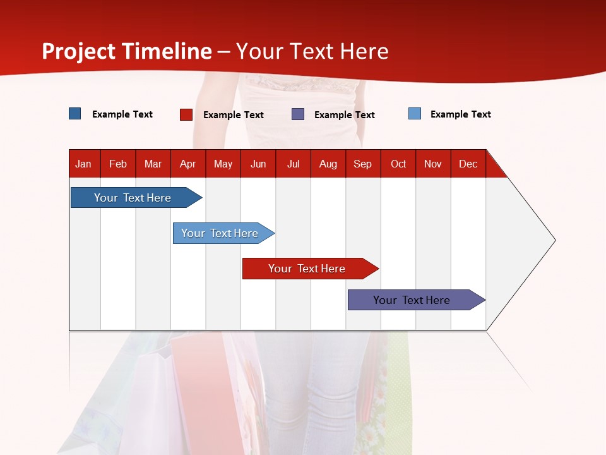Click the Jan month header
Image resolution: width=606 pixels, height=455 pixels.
(83, 164)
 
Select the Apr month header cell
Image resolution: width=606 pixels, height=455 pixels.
(187, 164)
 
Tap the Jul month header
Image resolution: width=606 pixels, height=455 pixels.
(293, 164)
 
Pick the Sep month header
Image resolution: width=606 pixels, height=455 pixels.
(362, 164)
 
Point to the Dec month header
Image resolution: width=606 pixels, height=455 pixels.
(468, 164)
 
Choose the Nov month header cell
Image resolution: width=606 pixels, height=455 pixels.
(432, 164)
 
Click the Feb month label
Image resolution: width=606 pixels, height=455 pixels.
(118, 164)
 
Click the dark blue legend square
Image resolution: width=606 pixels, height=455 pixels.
(75, 114)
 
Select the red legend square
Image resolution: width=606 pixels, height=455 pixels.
(186, 114)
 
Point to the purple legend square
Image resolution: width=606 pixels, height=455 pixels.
(298, 114)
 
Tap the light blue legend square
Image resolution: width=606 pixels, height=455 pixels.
(415, 114)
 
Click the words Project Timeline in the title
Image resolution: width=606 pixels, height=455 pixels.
(126, 51)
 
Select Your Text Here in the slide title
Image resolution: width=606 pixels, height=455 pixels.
(312, 51)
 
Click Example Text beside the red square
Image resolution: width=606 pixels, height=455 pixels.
(233, 115)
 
